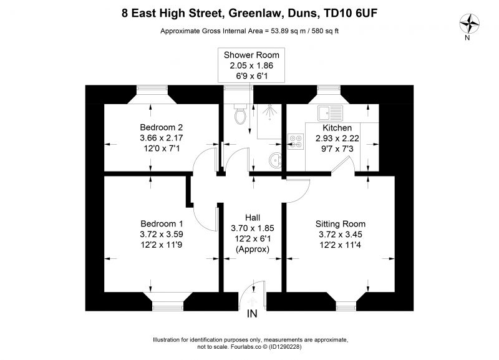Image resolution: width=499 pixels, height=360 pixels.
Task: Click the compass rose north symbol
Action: tap(469, 24)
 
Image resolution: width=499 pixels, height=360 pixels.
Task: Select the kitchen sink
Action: tap(330, 113)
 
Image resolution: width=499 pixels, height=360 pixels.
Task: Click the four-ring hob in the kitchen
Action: tap(296, 142)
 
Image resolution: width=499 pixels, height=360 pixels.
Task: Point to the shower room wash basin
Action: tap(276, 160)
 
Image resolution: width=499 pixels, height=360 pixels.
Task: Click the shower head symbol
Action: tap(270, 112)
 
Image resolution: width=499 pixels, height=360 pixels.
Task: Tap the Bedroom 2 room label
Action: tap(162, 127)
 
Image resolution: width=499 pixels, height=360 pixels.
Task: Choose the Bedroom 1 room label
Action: tap(162, 223)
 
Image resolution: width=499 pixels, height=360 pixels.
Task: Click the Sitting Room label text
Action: tap(340, 224)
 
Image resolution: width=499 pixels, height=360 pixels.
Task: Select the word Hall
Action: tap(253, 217)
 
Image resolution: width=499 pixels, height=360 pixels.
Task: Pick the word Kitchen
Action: tap(337, 128)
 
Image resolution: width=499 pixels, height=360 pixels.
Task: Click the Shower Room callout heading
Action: tap(251, 55)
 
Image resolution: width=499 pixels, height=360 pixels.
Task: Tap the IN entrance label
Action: tap(252, 314)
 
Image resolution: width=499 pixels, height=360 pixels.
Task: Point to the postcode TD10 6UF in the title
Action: tap(350, 13)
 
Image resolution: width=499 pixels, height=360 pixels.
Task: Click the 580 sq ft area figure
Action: tap(325, 31)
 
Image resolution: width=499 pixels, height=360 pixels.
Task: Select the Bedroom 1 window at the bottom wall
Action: tap(168, 308)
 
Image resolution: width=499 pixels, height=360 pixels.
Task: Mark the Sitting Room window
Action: tap(346, 308)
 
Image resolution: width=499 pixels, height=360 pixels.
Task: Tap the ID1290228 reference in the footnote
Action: tap(285, 347)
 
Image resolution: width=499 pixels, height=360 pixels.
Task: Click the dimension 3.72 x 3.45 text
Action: tap(340, 235)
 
